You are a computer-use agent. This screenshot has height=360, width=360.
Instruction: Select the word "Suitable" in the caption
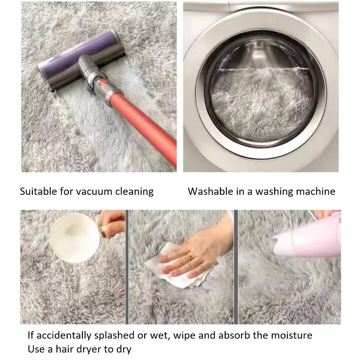click(x=38, y=191)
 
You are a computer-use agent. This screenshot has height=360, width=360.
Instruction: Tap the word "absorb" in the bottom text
click(x=234, y=335)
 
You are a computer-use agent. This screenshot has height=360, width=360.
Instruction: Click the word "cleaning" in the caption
click(x=134, y=192)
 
